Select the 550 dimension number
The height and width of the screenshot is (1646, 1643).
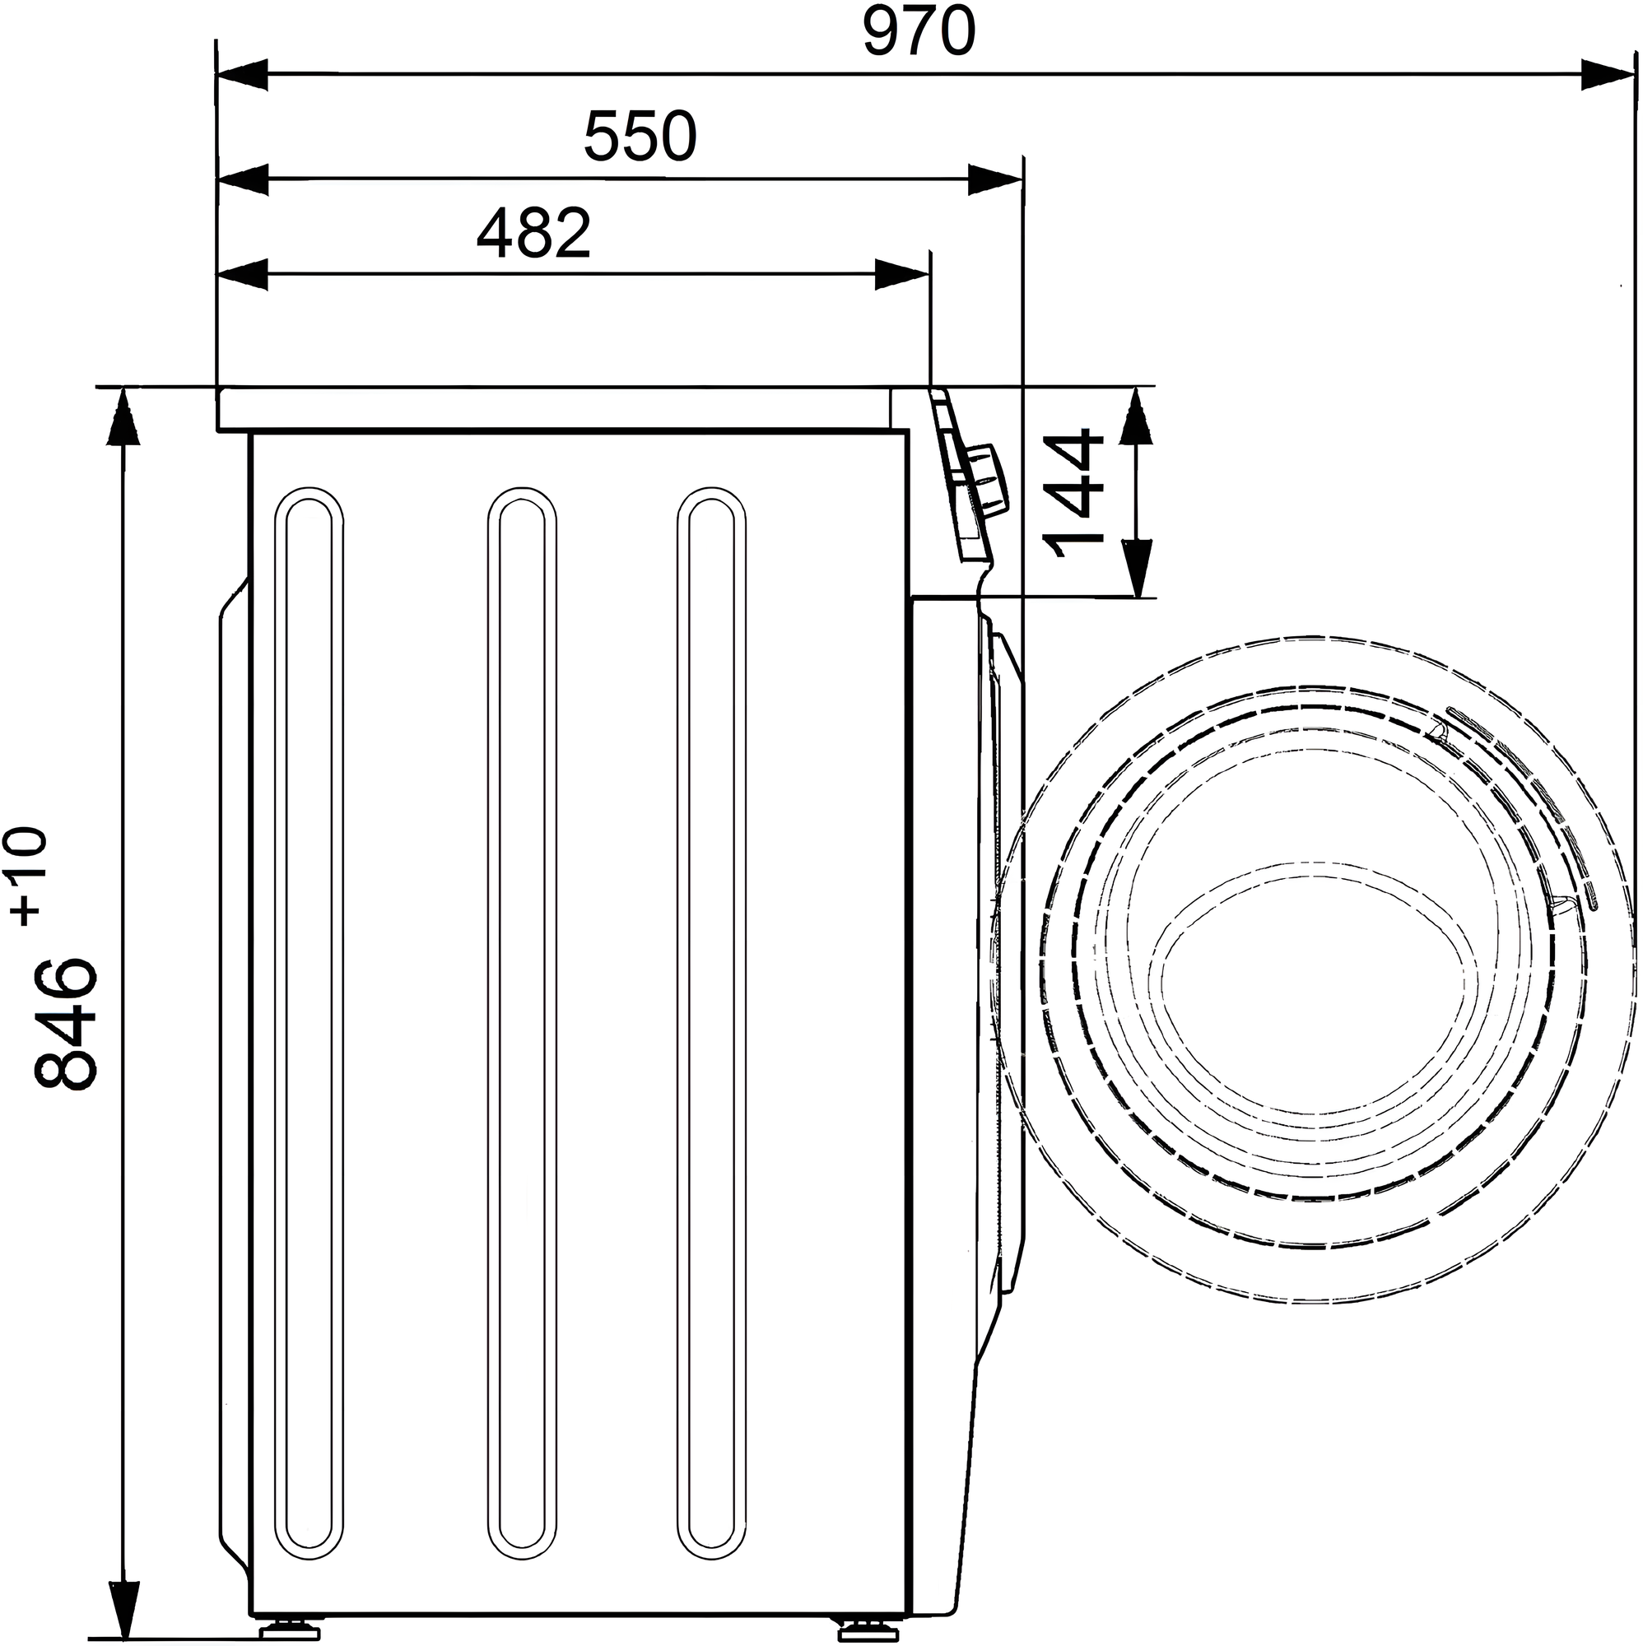pyautogui.click(x=640, y=137)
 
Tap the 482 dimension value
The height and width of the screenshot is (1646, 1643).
pyautogui.click(x=533, y=234)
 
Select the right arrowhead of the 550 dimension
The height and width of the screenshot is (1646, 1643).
pyautogui.click(x=994, y=179)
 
